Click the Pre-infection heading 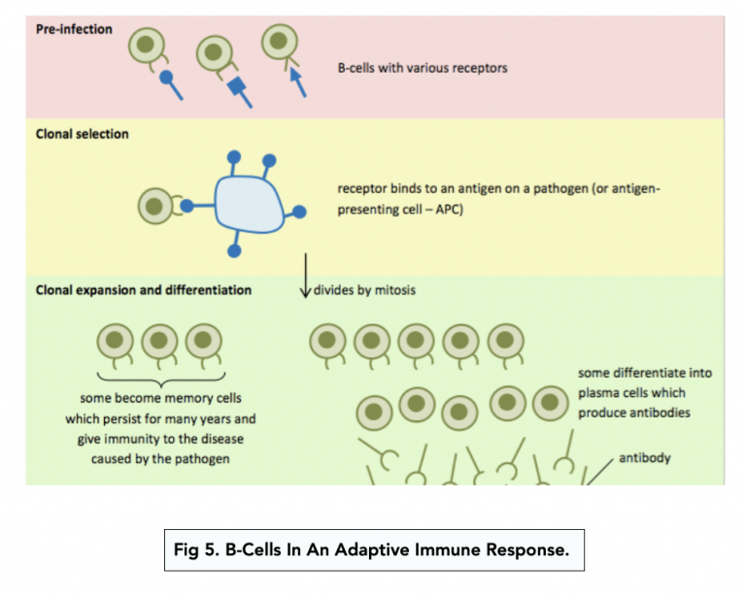click(74, 29)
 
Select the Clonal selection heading click(82, 134)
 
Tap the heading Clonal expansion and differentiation click(144, 289)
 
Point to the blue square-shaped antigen click(236, 88)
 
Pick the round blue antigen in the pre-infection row click(167, 77)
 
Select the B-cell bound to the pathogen click(154, 206)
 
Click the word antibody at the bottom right click(644, 458)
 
